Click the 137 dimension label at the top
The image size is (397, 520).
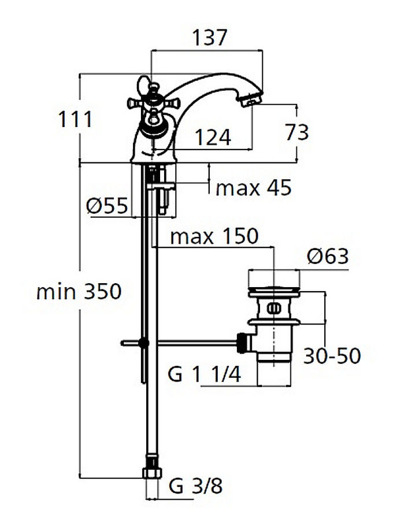click(x=210, y=38)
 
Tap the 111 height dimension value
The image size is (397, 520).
click(x=75, y=120)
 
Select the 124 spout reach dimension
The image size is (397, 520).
click(x=212, y=138)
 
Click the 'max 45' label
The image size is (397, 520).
click(x=253, y=188)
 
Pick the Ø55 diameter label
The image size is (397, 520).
click(x=107, y=205)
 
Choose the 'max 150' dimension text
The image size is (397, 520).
click(x=214, y=236)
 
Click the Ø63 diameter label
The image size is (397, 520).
click(x=328, y=257)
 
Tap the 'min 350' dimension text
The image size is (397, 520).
click(x=79, y=292)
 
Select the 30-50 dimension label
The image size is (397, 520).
click(x=332, y=356)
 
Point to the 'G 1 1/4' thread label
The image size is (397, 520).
click(x=205, y=375)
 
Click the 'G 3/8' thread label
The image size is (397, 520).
click(x=195, y=486)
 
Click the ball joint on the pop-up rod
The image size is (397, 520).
click(x=144, y=343)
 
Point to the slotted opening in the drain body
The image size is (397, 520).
click(x=273, y=308)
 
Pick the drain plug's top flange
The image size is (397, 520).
click(x=274, y=291)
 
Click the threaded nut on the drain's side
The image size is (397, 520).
click(x=243, y=342)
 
